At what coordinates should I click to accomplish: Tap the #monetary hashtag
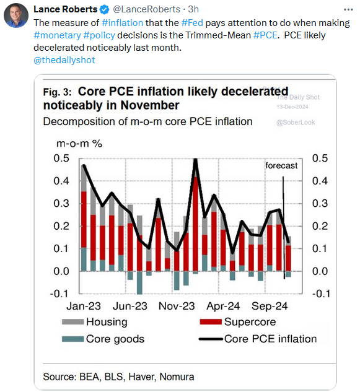[x=58, y=35]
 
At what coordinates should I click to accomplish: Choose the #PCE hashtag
[x=265, y=35]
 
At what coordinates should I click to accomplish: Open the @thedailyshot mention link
[x=65, y=60]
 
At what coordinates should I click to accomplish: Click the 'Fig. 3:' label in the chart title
[x=58, y=92]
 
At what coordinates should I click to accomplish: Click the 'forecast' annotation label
[x=281, y=165]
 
